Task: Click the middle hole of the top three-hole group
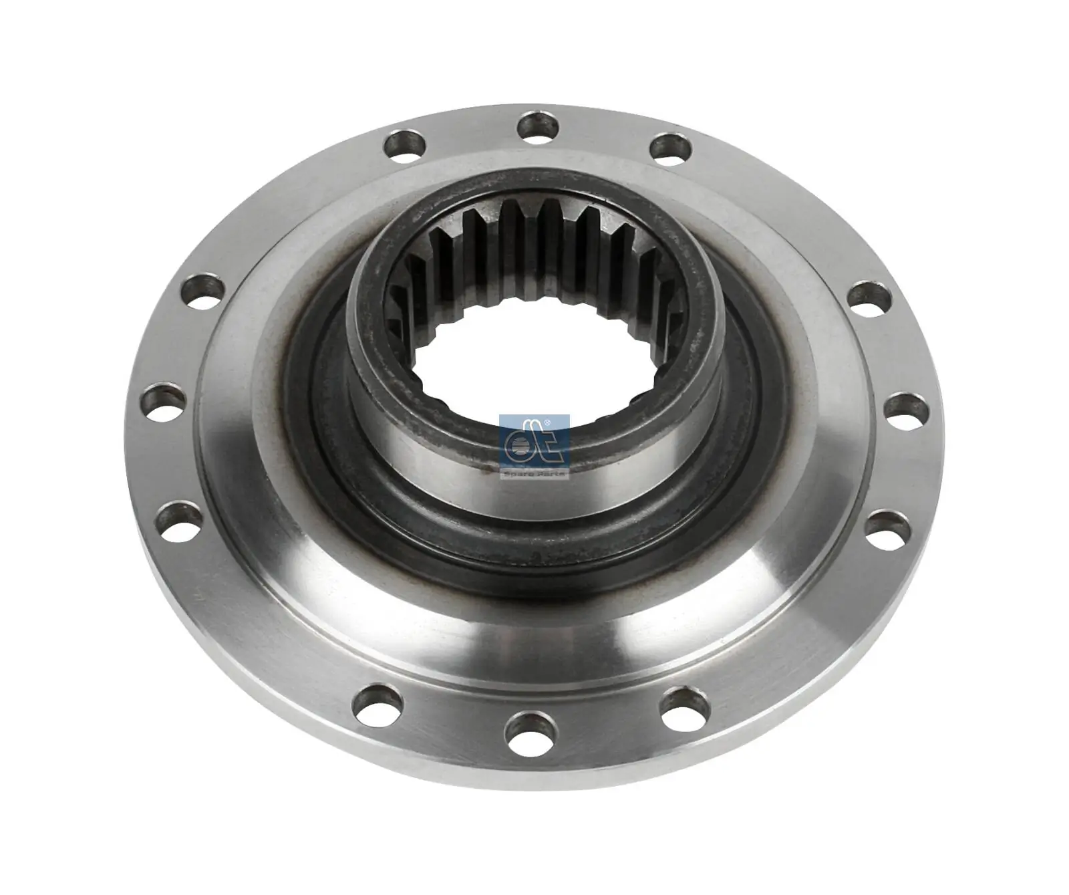coord(538,126)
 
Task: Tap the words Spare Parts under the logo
coord(534,473)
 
